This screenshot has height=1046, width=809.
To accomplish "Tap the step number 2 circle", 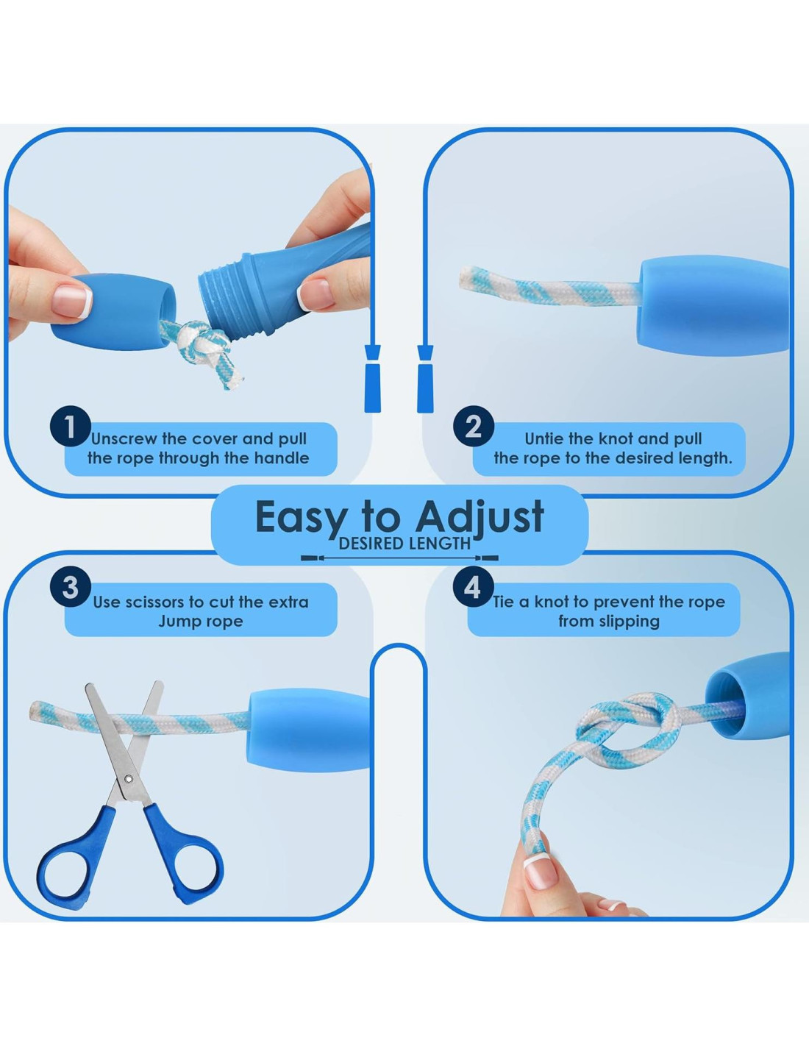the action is [474, 427].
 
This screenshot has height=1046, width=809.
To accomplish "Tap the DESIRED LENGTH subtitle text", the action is [404, 544].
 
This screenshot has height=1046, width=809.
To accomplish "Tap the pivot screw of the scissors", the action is [127, 779].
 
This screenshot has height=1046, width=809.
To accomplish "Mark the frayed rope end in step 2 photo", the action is [468, 278].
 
